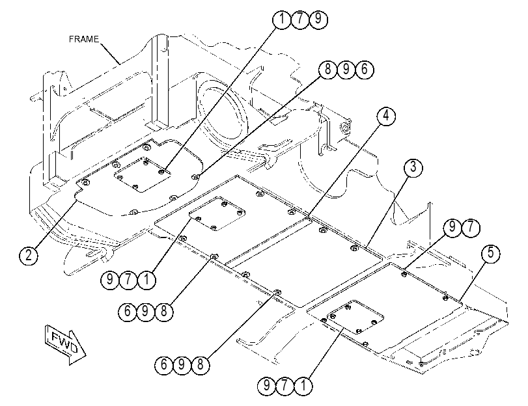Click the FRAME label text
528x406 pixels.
tap(84, 39)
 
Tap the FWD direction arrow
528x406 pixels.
tap(65, 344)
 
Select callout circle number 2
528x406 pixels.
tap(29, 255)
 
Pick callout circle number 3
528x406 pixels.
tap(413, 167)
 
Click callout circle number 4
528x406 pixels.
tap(386, 116)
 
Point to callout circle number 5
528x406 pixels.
tap(490, 253)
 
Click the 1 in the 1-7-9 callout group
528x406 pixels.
tap(281, 19)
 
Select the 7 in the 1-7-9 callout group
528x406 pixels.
tap(299, 19)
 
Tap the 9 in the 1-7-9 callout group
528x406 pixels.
tap(318, 19)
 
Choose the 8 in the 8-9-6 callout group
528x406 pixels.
tap(327, 70)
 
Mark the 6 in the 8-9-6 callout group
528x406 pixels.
tap(364, 70)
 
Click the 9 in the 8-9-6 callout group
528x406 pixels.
tap(346, 70)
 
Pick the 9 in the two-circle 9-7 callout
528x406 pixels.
tap(452, 228)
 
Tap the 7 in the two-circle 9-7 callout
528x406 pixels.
tap(471, 228)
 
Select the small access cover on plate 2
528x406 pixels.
tap(143, 174)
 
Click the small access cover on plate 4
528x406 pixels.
tap(217, 215)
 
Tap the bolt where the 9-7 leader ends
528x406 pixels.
tap(404, 275)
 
